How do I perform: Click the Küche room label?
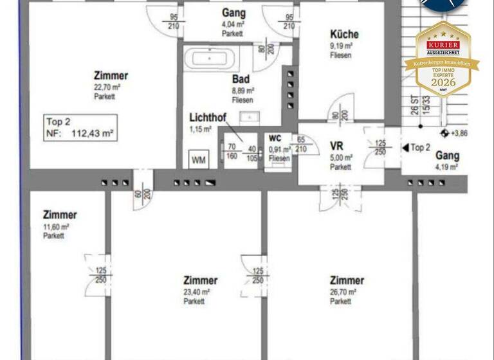(x=344, y=34)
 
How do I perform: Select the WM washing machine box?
(x=199, y=160)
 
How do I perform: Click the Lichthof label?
(x=206, y=118)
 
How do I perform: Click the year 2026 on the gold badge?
(x=443, y=82)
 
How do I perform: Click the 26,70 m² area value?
(x=341, y=292)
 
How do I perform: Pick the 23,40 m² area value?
(x=197, y=292)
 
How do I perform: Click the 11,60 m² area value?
(x=56, y=226)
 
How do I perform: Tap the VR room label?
(x=337, y=146)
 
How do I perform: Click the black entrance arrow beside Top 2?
(x=405, y=148)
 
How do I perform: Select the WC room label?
(x=275, y=138)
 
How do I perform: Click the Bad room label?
(x=241, y=79)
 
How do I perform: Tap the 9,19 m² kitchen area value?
(x=341, y=46)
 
